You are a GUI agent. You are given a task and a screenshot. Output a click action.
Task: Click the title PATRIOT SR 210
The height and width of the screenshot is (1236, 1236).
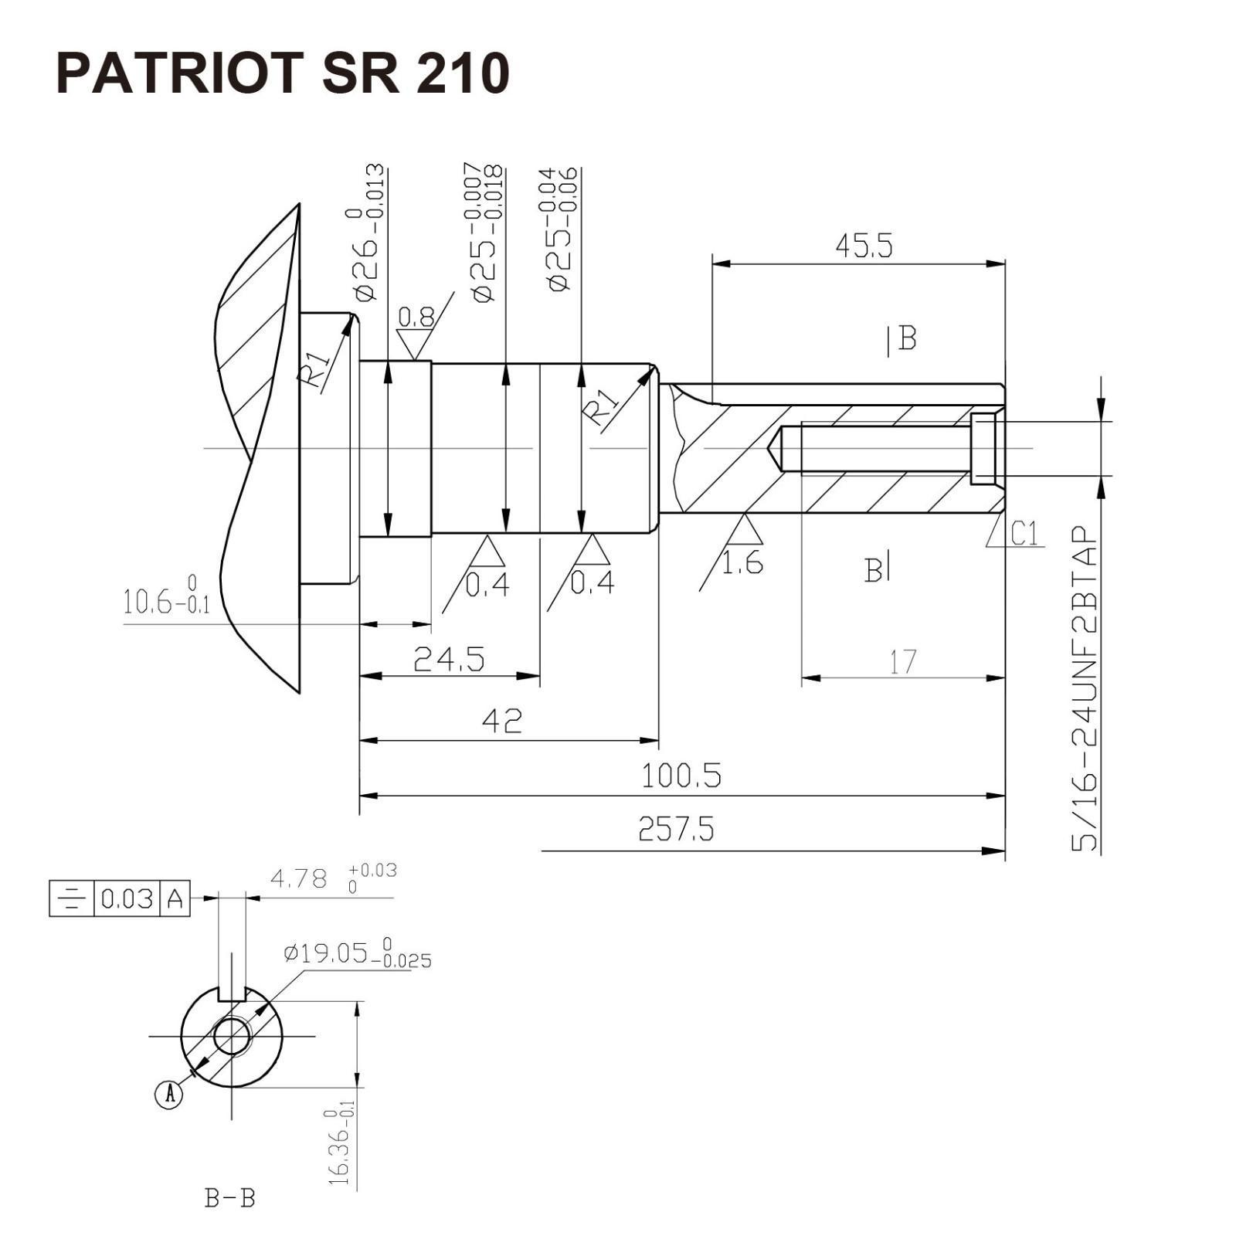(283, 73)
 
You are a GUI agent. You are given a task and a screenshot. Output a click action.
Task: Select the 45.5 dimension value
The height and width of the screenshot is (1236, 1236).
(864, 246)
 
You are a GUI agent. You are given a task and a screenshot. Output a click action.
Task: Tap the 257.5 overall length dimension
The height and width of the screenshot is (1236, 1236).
(676, 830)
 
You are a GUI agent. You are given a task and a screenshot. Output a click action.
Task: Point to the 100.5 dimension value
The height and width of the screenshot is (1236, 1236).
(681, 776)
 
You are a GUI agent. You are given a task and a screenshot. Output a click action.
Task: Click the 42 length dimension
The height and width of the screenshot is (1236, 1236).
(502, 722)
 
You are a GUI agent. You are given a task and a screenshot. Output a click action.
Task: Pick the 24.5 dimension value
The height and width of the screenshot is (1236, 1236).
(449, 660)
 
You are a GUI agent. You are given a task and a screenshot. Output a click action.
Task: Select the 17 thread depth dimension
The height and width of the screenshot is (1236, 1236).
(902, 662)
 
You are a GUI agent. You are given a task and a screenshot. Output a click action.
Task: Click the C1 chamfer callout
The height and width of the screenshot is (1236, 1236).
(1024, 533)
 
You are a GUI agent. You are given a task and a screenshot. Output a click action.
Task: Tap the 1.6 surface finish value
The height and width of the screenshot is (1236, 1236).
(742, 564)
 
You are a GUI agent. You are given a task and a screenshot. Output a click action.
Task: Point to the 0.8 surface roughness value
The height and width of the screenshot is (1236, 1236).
(416, 317)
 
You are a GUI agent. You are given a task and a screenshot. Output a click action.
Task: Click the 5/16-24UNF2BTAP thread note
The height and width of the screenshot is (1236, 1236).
(1085, 688)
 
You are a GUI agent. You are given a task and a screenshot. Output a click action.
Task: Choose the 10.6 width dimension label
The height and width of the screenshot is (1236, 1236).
(166, 595)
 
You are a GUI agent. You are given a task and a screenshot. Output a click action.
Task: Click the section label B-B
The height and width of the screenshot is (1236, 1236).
(229, 1198)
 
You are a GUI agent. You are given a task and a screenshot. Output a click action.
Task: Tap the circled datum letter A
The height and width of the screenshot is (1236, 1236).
(169, 1094)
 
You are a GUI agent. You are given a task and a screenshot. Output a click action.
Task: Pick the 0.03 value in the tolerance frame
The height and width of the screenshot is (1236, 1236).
(127, 898)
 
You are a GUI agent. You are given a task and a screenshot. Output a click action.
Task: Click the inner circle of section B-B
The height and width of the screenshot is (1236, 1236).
(232, 1036)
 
